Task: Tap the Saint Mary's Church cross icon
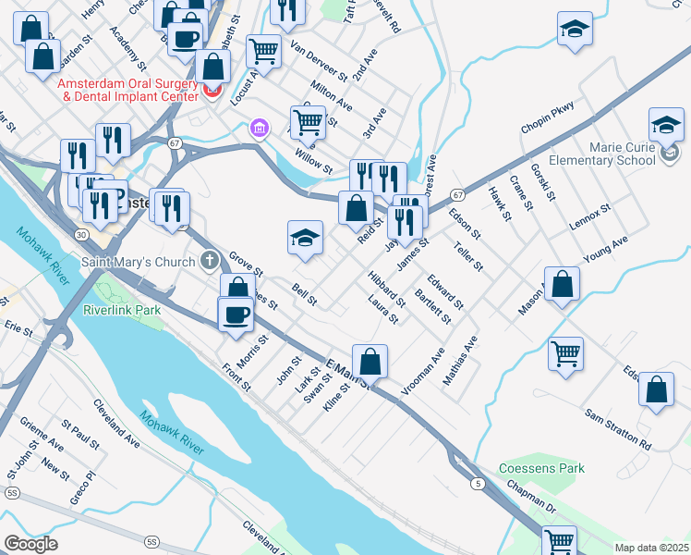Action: click(211, 261)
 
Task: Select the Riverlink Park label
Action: click(122, 310)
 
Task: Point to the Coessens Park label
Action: click(541, 468)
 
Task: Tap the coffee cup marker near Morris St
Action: click(236, 314)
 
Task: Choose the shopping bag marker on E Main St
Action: click(370, 362)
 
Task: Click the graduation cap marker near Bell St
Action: click(305, 238)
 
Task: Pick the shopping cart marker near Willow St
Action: click(308, 120)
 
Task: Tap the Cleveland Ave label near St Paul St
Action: click(115, 425)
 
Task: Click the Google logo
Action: click(31, 544)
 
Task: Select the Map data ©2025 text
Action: click(651, 547)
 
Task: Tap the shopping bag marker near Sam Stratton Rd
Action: click(656, 390)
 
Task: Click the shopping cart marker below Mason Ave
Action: click(565, 352)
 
